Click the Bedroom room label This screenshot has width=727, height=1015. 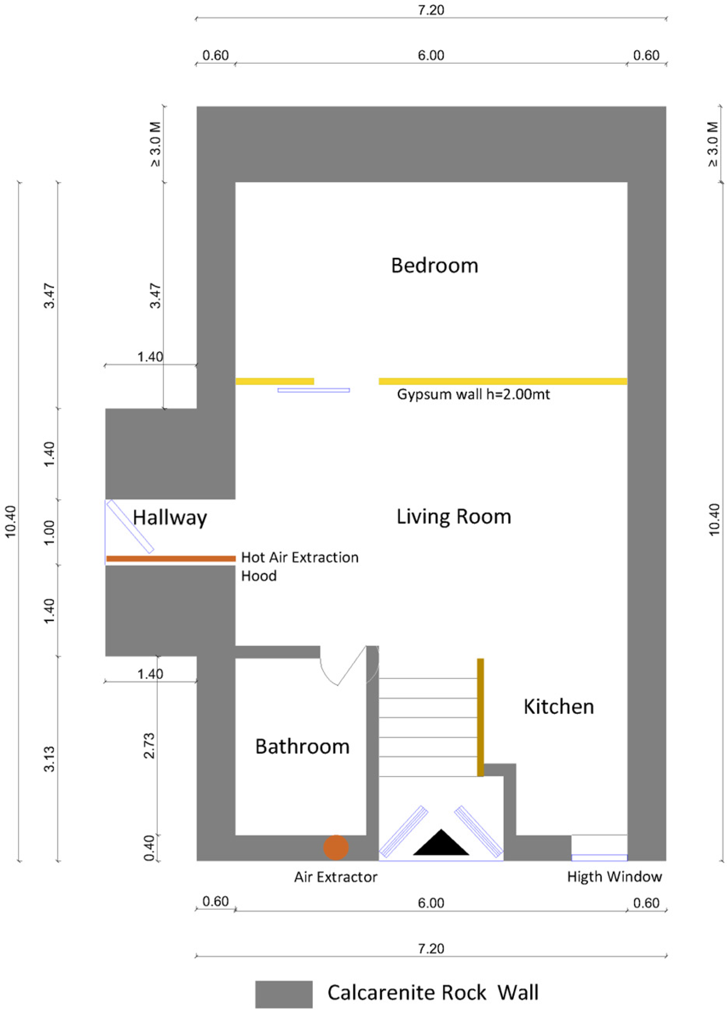click(434, 265)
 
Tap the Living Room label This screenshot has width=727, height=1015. click(453, 516)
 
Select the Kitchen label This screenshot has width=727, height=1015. click(558, 707)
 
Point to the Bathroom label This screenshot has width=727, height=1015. click(302, 746)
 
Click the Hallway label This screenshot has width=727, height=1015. click(169, 518)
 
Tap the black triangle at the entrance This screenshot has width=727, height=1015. click(441, 843)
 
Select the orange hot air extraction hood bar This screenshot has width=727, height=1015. click(171, 559)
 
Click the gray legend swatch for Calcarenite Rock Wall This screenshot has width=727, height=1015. click(284, 994)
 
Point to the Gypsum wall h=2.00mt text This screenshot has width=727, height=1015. click(473, 394)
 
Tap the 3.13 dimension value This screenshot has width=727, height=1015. click(49, 759)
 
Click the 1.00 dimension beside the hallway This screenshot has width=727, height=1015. click(49, 532)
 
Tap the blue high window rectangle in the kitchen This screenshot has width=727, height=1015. click(599, 858)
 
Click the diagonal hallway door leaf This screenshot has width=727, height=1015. click(130, 526)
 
